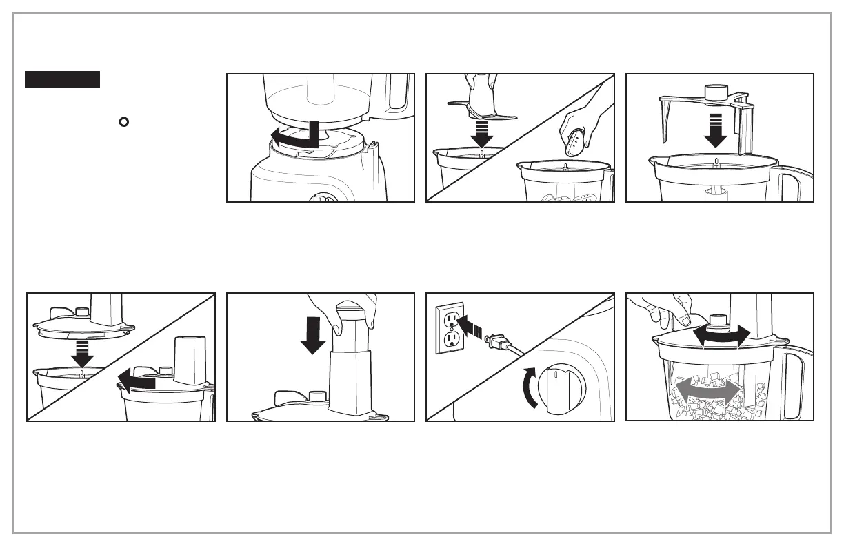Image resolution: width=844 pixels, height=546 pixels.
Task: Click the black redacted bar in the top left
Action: click(63, 79)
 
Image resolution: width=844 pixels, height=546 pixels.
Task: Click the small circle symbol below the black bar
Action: click(123, 123)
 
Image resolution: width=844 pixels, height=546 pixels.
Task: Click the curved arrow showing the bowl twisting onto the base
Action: click(293, 135)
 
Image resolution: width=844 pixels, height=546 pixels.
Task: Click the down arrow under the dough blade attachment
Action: click(716, 131)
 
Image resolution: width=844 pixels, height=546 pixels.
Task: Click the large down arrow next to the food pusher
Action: click(313, 334)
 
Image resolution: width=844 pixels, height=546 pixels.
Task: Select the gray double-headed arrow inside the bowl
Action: click(709, 392)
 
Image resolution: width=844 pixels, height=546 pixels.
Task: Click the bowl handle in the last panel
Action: click(793, 376)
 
